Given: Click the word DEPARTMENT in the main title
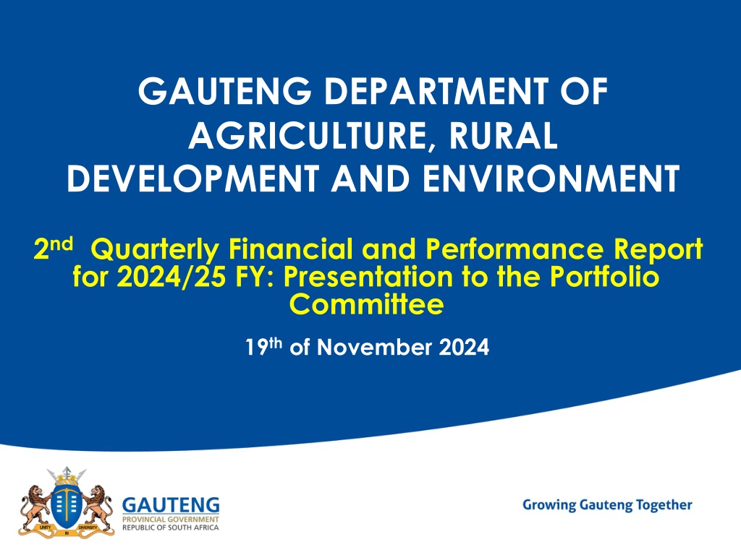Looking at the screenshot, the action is click(x=436, y=91).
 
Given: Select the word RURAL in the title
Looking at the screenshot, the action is click(x=503, y=136).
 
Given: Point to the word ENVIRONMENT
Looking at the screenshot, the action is click(x=551, y=179).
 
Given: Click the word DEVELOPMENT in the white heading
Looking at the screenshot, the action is click(x=192, y=179).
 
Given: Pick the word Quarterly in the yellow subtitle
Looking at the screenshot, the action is click(x=155, y=250).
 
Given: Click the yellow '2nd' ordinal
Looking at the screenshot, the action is click(x=54, y=248).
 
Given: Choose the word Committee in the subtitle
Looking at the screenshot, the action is click(x=367, y=304).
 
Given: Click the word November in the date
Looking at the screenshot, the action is click(x=374, y=348).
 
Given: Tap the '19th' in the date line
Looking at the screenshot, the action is click(x=263, y=346).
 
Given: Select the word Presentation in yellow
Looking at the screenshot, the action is click(x=368, y=276).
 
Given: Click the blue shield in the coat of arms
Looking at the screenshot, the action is click(x=67, y=507).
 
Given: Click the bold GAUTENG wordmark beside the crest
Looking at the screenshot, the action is click(x=171, y=505).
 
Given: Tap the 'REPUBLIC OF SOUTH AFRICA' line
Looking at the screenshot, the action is click(x=171, y=527).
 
